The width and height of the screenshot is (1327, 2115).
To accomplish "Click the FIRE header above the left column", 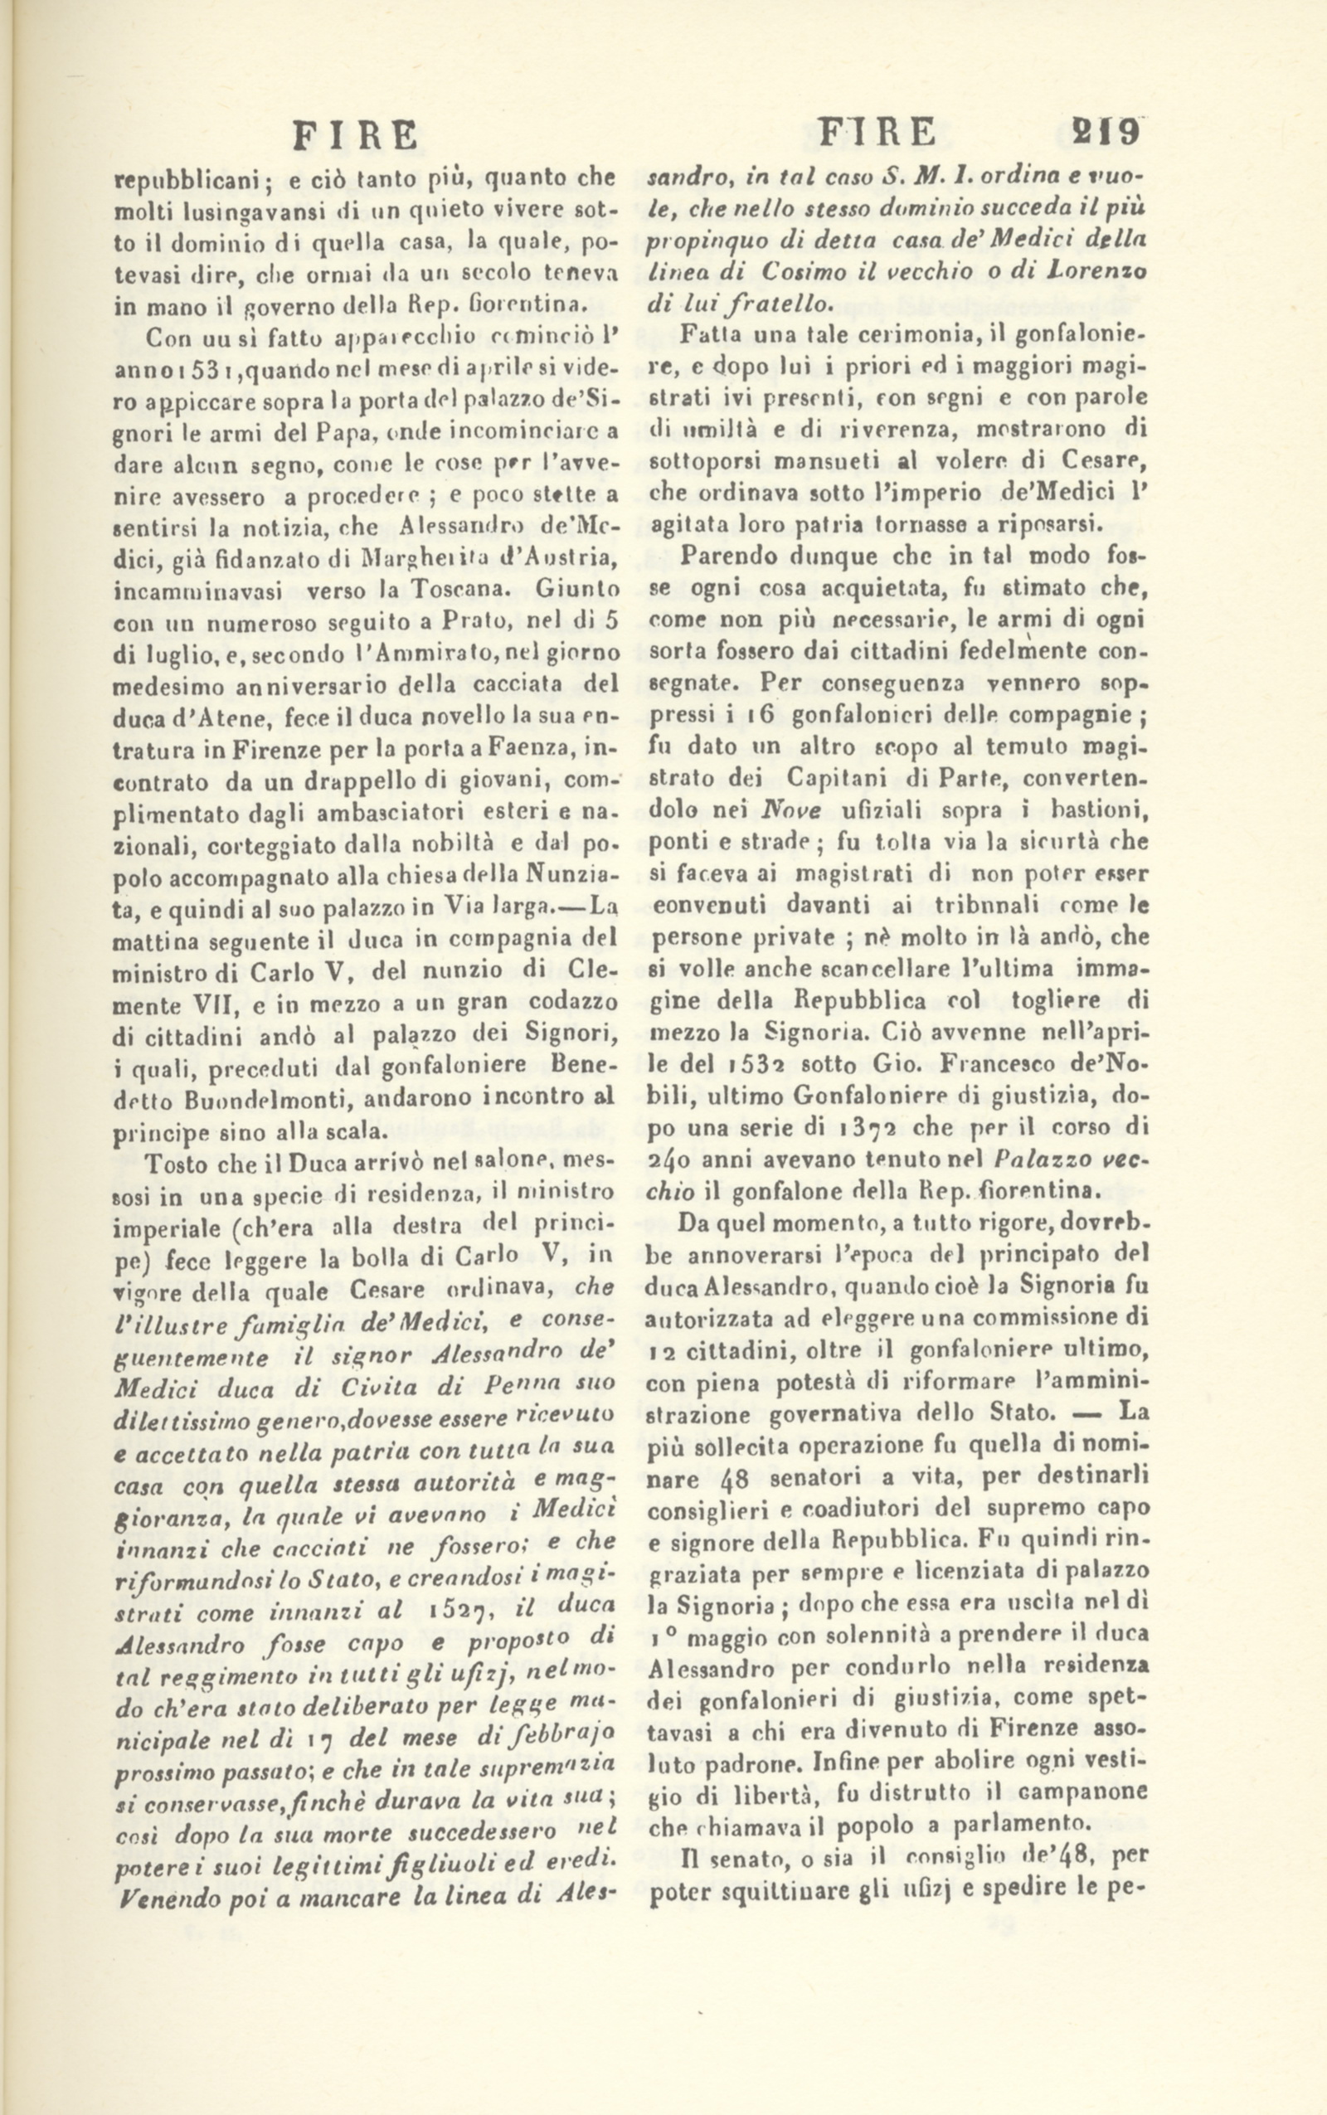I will click(356, 137).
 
